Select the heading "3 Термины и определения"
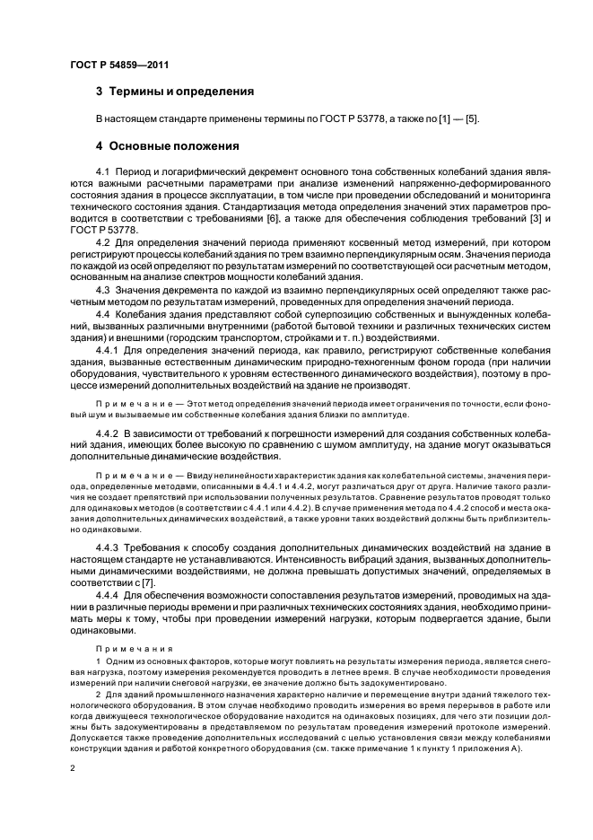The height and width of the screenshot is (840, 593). click(174, 92)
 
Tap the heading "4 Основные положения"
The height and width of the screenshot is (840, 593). click(167, 145)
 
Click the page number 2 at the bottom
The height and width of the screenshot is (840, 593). click(73, 769)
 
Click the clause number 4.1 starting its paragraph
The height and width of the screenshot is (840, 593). click(102, 170)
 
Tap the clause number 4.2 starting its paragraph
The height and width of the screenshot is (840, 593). click(102, 242)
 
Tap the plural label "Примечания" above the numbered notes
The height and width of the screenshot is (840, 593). click(122, 646)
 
